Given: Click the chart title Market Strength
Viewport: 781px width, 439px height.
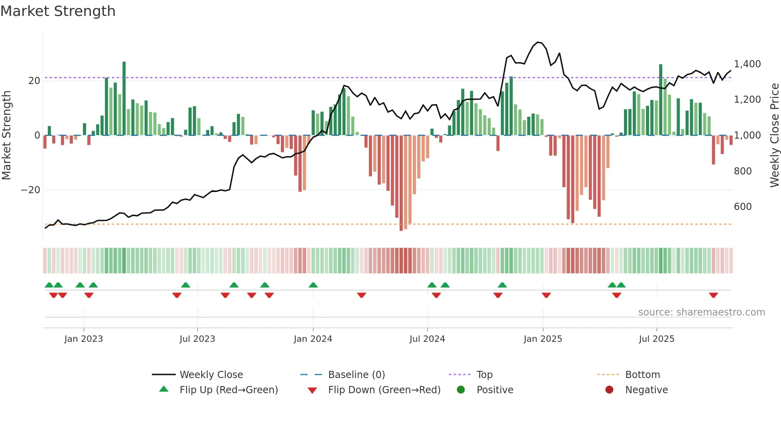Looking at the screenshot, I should tap(58, 11).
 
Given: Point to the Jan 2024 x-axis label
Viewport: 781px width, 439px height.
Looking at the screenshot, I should tap(313, 339).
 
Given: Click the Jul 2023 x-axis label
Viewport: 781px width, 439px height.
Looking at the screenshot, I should tap(197, 339).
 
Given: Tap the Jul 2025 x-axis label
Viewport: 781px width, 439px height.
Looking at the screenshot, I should tap(656, 339).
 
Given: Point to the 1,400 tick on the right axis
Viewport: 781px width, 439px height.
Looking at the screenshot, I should tap(747, 64).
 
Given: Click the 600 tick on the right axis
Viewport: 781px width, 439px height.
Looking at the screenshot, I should tap(743, 207).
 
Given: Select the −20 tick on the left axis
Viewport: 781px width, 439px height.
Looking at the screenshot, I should tap(31, 190).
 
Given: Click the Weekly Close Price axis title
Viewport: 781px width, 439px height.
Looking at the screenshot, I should tap(774, 135).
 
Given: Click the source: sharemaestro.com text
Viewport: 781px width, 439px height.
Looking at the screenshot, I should tap(701, 312).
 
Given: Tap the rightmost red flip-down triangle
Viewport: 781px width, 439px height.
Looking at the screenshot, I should tap(713, 295).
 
